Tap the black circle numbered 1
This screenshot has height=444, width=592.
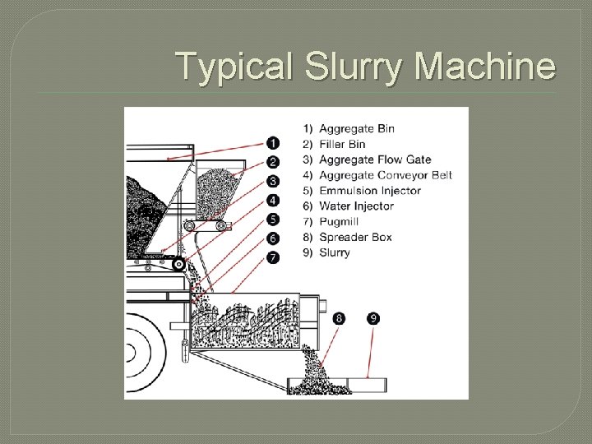tap(273, 143)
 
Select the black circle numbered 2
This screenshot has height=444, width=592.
tap(273, 162)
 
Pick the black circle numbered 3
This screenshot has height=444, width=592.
tap(273, 181)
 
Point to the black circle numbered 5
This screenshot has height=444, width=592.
tap(273, 220)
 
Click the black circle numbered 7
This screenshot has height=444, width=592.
tap(273, 257)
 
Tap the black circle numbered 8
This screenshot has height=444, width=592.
tap(340, 318)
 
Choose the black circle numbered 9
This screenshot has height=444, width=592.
tap(373, 318)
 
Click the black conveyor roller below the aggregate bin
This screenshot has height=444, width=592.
tap(178, 264)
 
